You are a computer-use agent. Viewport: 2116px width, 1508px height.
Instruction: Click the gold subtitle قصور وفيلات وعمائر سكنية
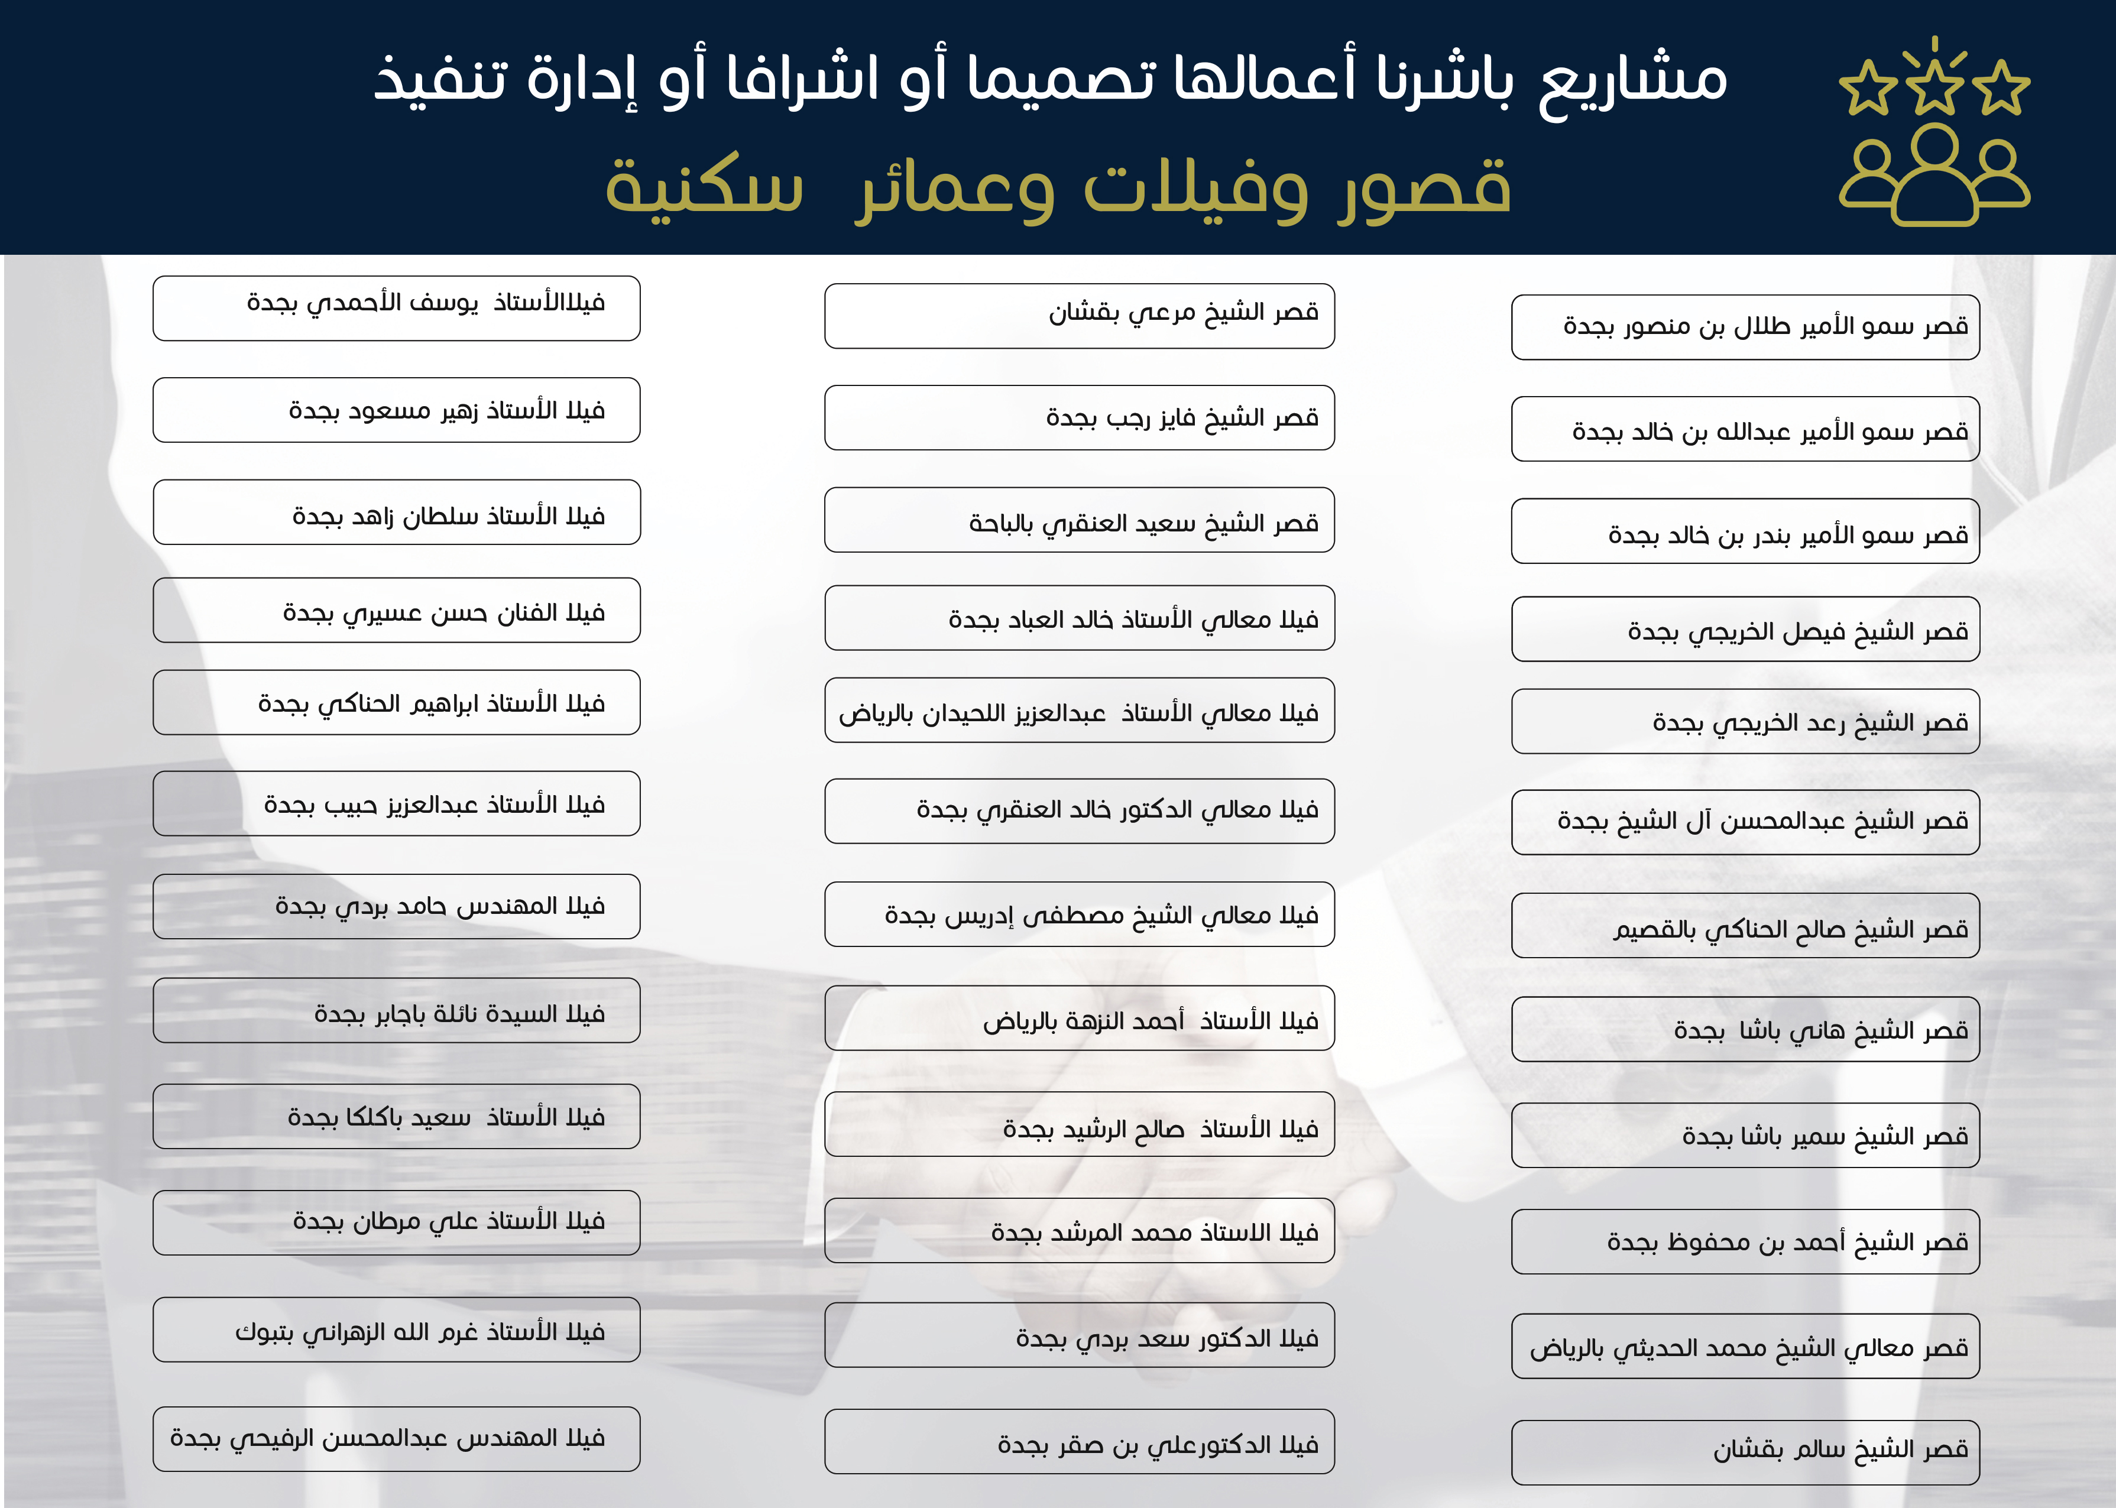(x=1058, y=186)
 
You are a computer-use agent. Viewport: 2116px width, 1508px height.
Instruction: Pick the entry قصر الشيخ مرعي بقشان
(x=1079, y=316)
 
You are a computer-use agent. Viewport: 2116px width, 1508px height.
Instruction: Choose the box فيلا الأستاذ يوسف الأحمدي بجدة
(x=397, y=307)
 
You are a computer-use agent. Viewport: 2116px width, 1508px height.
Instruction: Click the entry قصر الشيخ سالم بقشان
(x=1745, y=1451)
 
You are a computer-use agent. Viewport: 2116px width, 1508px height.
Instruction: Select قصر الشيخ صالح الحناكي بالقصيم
(x=1745, y=926)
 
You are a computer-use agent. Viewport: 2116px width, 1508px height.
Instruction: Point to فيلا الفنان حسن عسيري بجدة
(x=397, y=610)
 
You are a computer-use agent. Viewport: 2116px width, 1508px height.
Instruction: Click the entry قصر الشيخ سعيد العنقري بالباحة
(x=1079, y=520)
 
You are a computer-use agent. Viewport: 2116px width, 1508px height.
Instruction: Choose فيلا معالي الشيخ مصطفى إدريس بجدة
(x=1079, y=914)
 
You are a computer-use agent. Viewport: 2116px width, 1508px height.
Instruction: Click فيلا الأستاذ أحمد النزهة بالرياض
(x=1079, y=1018)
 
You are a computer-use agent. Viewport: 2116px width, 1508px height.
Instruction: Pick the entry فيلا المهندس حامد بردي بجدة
(x=397, y=906)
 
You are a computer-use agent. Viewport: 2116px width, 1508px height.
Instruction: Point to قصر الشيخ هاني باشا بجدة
(x=1745, y=1029)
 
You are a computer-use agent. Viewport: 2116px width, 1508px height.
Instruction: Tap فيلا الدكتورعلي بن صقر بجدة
(x=1079, y=1442)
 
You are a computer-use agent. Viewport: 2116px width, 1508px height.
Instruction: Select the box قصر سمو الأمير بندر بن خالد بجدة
(x=1745, y=531)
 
